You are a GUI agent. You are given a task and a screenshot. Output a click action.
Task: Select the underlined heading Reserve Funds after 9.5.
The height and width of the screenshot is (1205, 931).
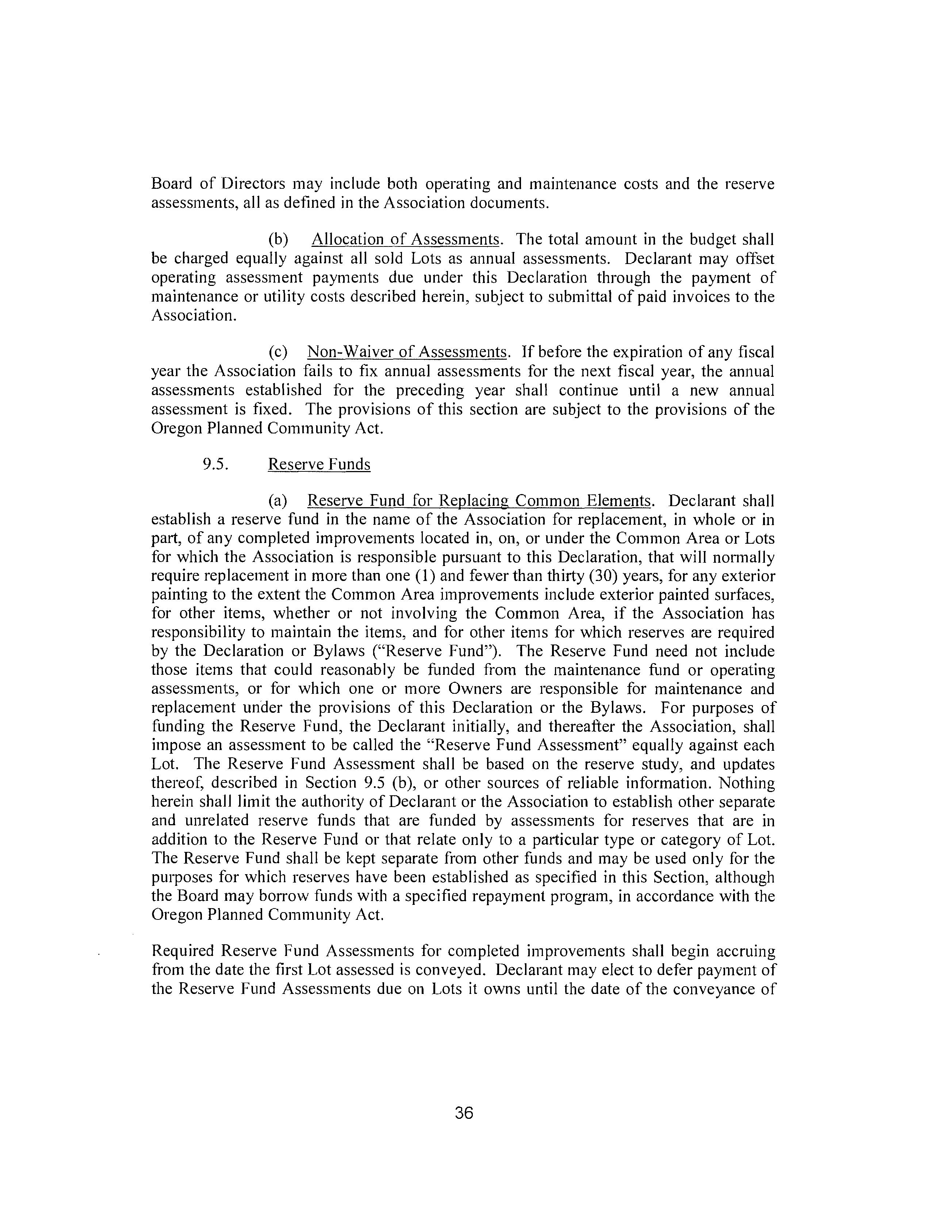pos(319,464)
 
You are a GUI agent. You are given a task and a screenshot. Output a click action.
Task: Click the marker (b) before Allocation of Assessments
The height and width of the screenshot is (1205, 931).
pos(279,240)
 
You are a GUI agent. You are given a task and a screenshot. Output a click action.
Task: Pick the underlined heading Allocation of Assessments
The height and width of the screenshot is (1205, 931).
pos(406,240)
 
